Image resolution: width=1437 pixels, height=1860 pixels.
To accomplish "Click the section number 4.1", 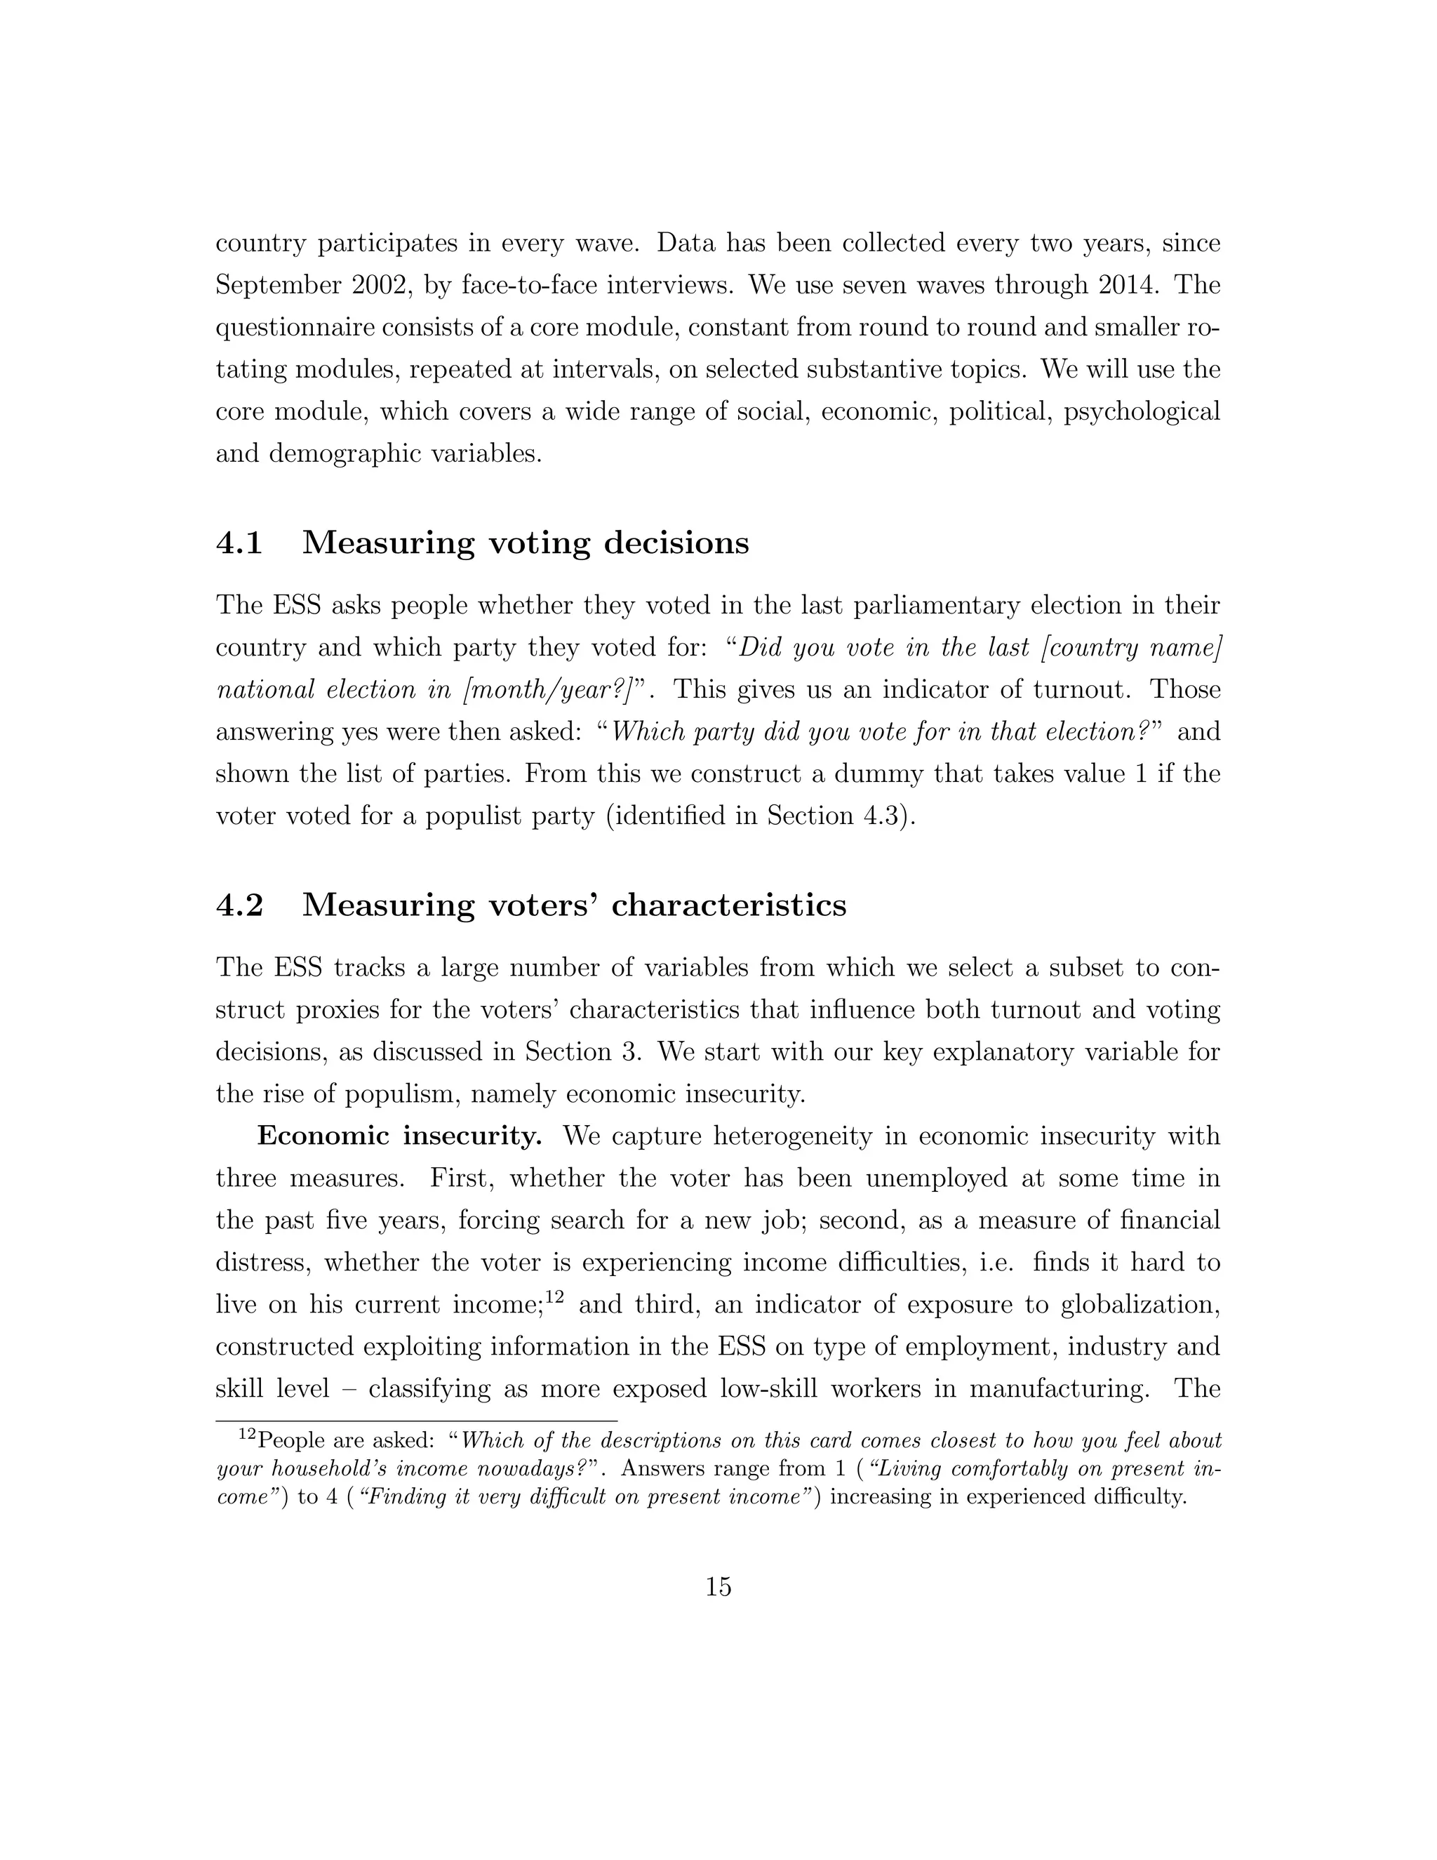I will click(239, 543).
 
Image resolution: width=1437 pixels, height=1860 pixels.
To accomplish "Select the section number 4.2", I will click(239, 905).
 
